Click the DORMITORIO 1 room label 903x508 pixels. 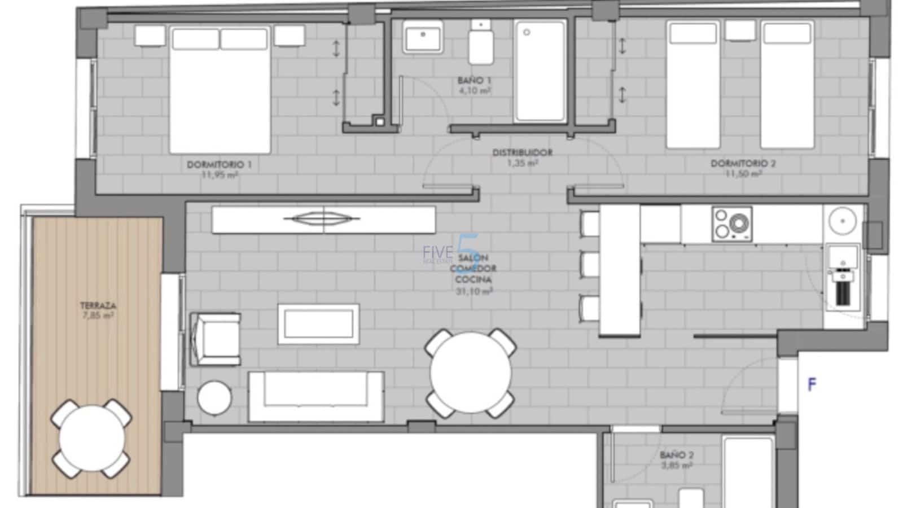(x=219, y=165)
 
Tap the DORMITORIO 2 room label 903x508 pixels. (x=743, y=164)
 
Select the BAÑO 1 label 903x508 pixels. (x=474, y=81)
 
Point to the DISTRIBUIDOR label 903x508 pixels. (x=522, y=152)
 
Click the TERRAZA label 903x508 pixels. (x=98, y=306)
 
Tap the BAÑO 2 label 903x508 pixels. (x=677, y=455)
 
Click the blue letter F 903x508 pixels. (x=812, y=385)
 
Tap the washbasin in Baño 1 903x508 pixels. (x=423, y=37)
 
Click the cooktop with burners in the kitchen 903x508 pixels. (x=732, y=224)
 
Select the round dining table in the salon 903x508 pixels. (x=470, y=373)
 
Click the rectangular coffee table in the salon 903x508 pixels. (x=319, y=324)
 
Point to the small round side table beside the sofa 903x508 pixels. (x=214, y=398)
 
